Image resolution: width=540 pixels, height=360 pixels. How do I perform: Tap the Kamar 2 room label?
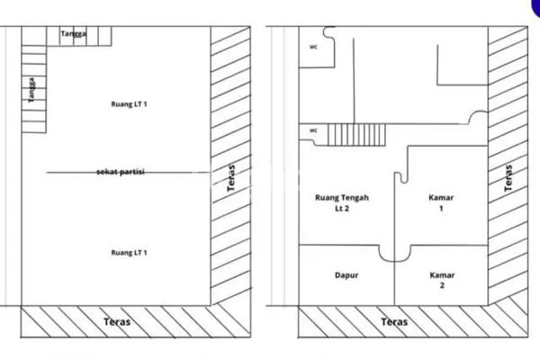point(442,281)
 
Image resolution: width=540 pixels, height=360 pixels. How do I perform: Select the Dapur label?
point(346,276)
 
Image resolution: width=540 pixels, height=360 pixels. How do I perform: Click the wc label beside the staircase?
point(314,130)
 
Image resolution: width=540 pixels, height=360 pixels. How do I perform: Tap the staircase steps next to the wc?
point(355,136)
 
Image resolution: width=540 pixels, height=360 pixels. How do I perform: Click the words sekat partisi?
point(122,171)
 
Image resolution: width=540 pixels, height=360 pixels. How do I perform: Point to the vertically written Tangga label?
point(31,90)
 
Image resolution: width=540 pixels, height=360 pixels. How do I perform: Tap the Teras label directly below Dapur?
point(393,321)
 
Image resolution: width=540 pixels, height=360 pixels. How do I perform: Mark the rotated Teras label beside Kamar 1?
point(508,178)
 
